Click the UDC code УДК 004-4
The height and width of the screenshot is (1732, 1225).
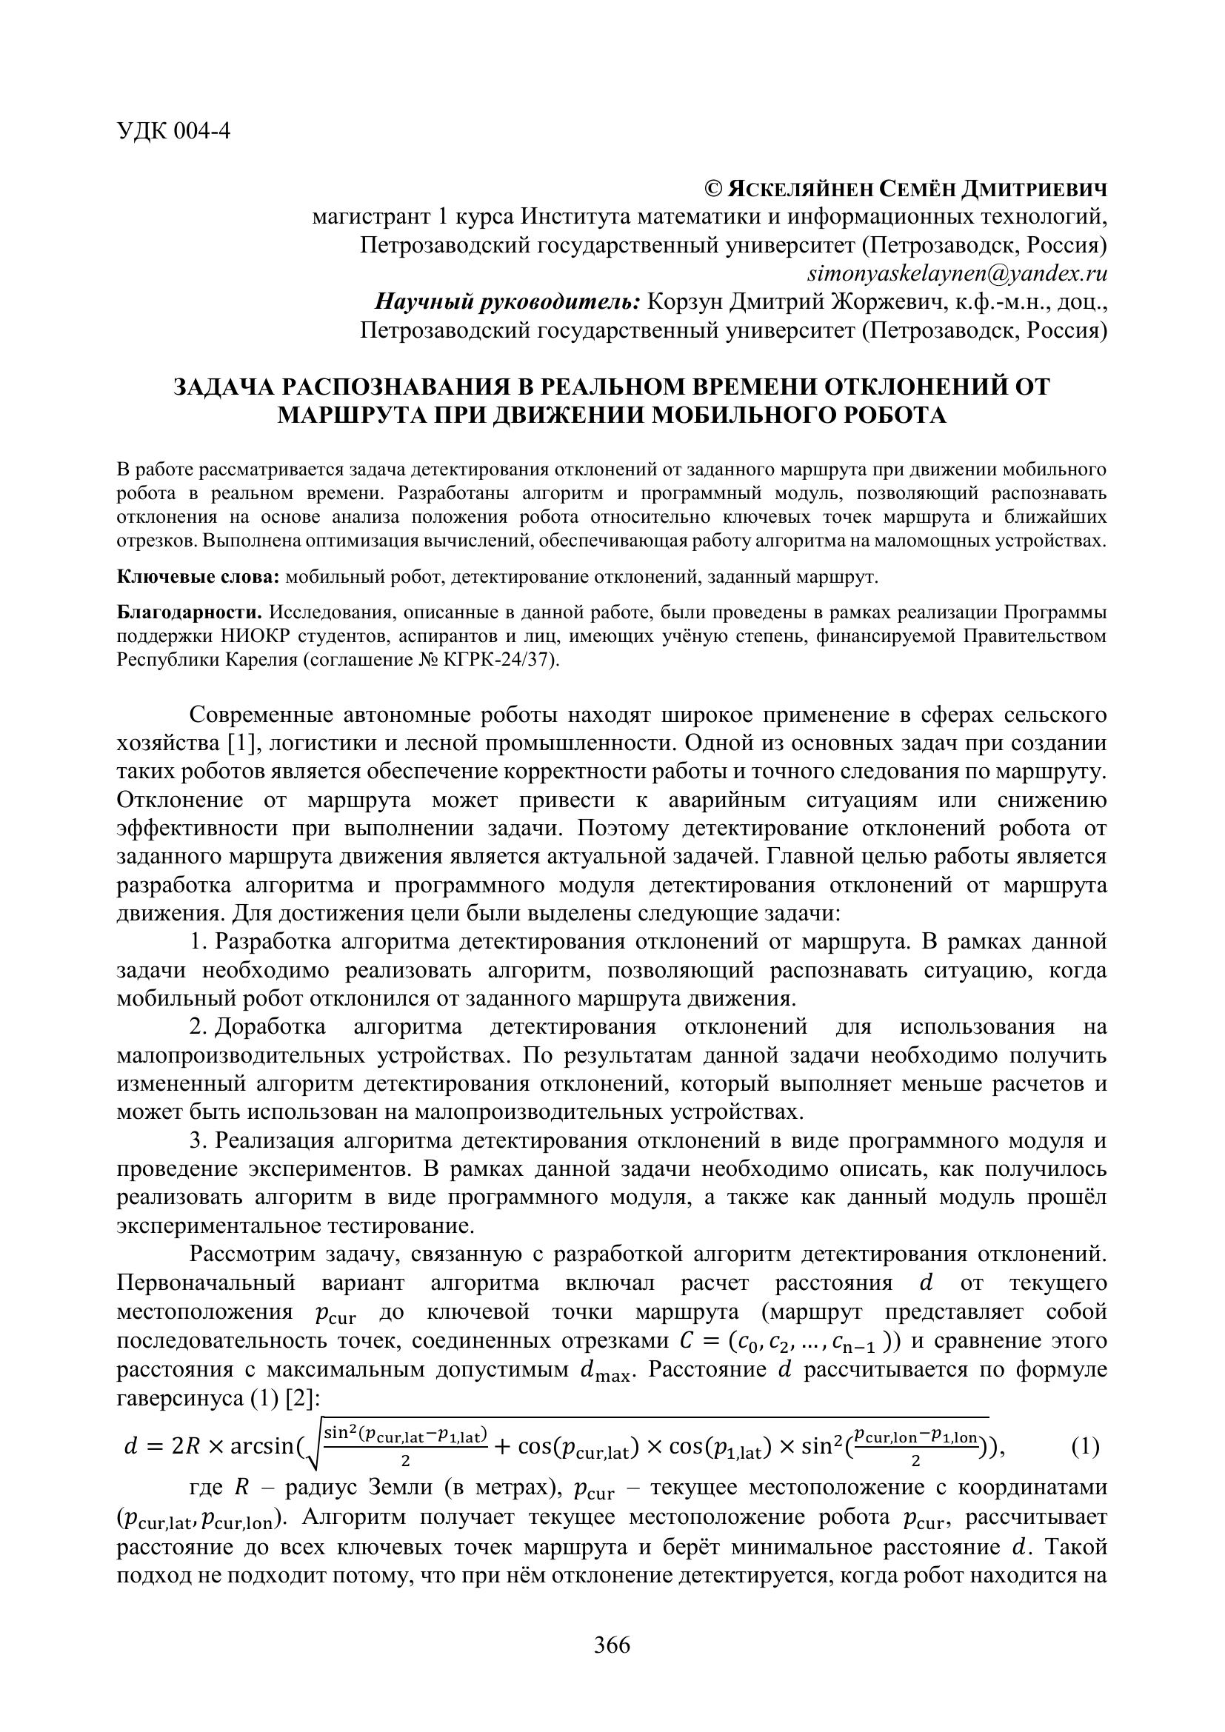[x=173, y=131]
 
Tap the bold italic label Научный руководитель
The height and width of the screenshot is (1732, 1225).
[x=507, y=301]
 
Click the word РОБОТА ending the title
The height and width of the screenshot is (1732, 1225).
[x=893, y=415]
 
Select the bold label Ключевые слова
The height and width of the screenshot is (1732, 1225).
[x=198, y=578]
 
